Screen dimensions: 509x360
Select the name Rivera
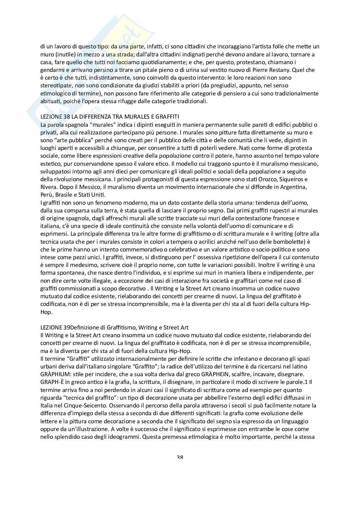point(48,187)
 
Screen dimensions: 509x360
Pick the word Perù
point(46,195)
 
